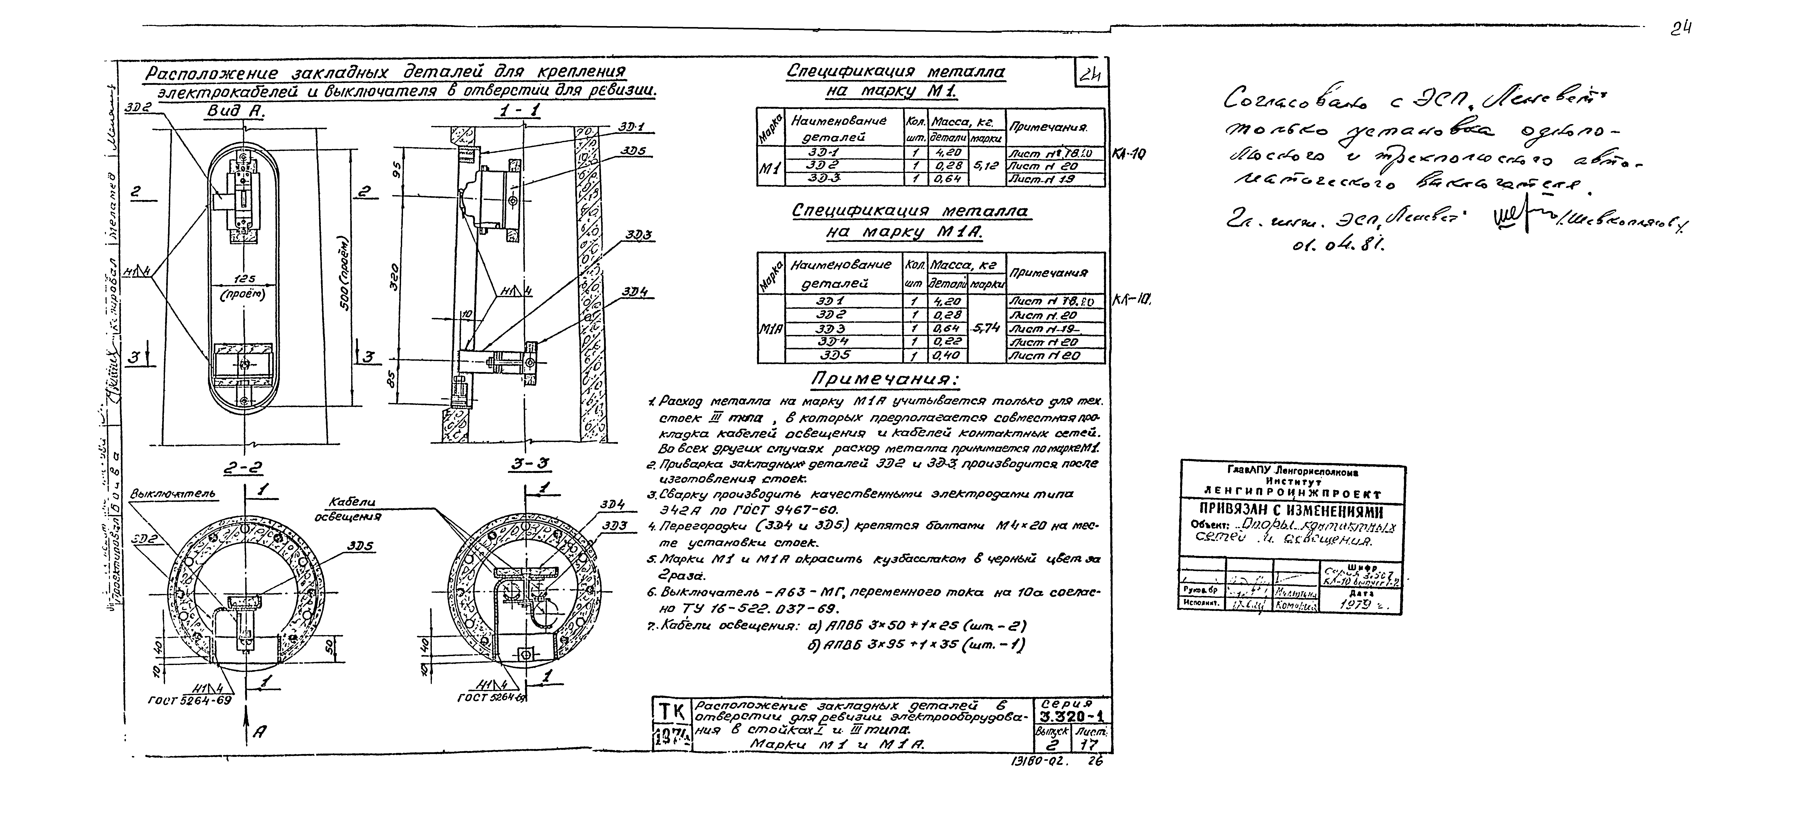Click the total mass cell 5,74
(987, 327)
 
